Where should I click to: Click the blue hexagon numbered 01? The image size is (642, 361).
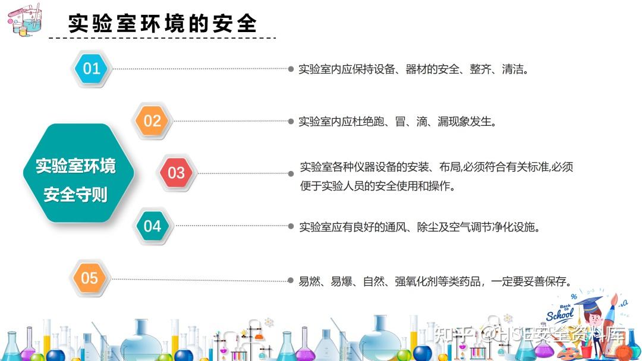pos(92,68)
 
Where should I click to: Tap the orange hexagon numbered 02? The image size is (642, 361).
pos(152,121)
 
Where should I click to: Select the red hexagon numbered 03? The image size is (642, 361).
pos(176,173)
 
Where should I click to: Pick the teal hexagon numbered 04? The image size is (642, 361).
pos(152,226)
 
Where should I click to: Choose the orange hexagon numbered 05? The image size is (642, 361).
pos(90,278)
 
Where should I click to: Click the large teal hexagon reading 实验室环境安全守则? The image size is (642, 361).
pos(78,173)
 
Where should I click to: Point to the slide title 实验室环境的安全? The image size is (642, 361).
pos(162,23)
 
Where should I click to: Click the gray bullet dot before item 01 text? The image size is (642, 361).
pos(291,69)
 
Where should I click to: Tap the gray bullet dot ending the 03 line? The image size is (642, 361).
pos(291,173)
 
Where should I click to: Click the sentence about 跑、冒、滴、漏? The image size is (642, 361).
pos(397,122)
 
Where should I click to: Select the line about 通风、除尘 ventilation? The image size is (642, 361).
pos(419,227)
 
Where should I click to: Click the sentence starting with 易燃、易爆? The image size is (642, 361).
pos(435,281)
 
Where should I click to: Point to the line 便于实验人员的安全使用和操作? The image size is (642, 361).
pos(377,186)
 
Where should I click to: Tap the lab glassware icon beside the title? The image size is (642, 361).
pos(25,20)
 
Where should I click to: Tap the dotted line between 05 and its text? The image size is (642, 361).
pos(200,280)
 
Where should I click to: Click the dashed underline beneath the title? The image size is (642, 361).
pos(162,38)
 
